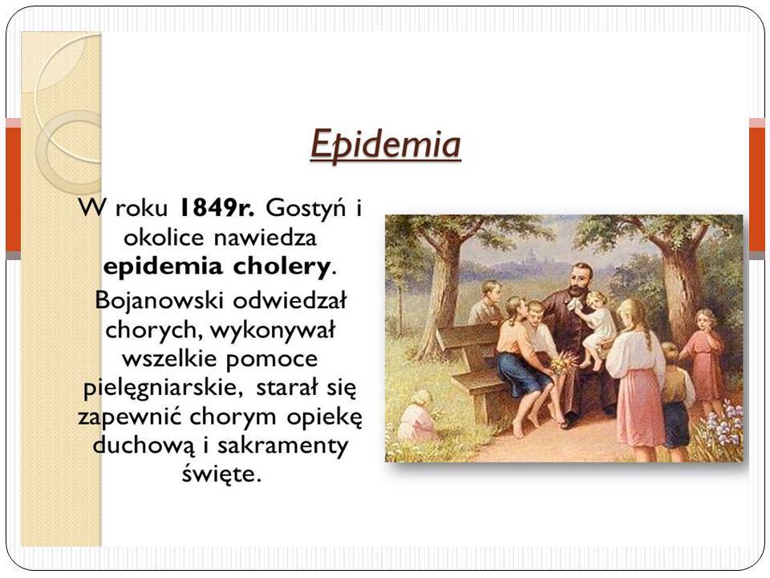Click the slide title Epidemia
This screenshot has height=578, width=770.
[386, 144]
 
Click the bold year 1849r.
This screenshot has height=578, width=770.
[217, 208]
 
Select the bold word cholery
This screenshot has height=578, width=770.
[282, 267]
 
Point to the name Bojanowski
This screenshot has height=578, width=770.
[160, 300]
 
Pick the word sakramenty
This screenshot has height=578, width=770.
[283, 446]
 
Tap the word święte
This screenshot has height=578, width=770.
[221, 474]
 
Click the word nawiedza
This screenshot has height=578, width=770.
[265, 238]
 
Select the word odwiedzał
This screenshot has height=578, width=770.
[290, 299]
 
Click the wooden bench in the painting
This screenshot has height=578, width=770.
[472, 366]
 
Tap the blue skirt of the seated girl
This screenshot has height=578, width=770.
[517, 371]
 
